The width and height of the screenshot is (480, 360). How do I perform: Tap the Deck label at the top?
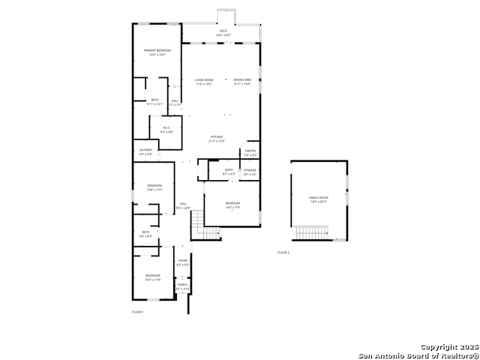click(223, 31)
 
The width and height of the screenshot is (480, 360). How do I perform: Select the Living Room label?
click(204, 80)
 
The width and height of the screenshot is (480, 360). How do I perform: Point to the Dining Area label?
click(241, 80)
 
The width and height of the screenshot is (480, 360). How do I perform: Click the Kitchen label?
click(216, 137)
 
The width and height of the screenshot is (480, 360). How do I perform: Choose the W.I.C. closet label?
click(166, 127)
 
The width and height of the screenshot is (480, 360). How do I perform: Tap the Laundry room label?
click(145, 150)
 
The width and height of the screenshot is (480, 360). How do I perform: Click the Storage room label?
click(250, 170)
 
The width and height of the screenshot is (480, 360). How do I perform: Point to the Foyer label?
click(182, 261)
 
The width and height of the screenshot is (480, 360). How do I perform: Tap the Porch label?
click(182, 285)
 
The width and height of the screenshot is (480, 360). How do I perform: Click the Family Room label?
click(319, 198)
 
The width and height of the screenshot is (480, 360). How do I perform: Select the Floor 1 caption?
click(137, 311)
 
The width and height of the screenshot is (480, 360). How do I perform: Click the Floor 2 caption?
click(283, 253)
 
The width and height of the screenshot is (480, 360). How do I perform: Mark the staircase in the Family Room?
click(311, 232)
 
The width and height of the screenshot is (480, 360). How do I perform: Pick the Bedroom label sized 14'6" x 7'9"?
click(232, 203)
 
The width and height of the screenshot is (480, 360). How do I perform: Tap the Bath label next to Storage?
click(229, 170)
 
